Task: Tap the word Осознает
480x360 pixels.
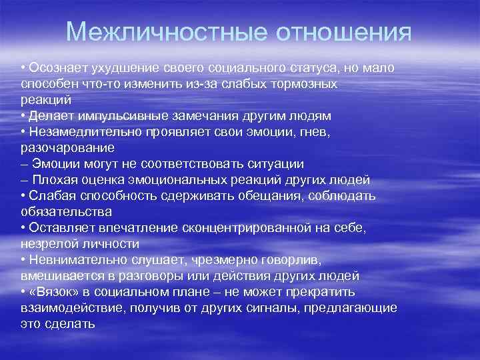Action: [56, 69]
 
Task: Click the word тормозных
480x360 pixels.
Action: [304, 85]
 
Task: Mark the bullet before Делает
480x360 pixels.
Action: [23, 116]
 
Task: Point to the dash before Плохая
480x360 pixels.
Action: [25, 180]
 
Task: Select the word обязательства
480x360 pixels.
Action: [66, 211]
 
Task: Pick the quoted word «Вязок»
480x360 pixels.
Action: [55, 291]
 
